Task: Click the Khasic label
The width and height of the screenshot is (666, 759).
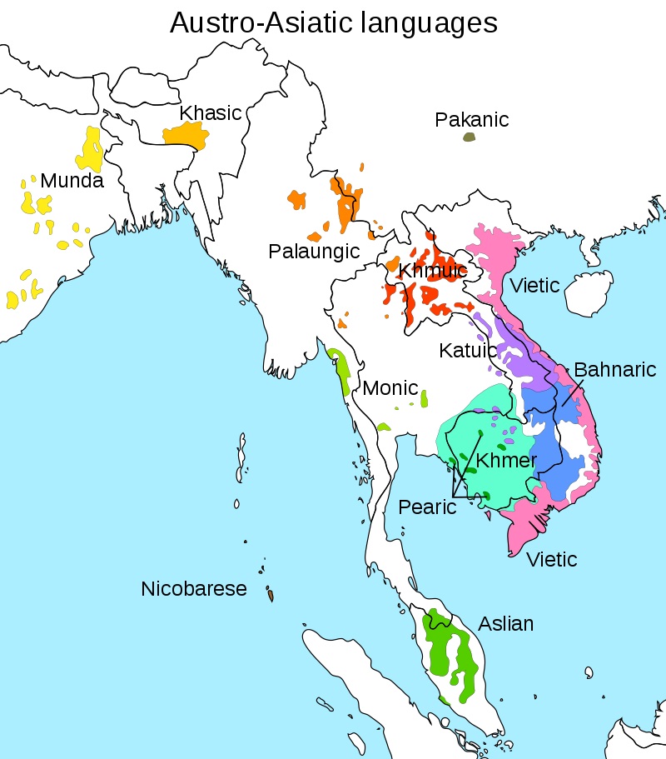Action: [x=211, y=112]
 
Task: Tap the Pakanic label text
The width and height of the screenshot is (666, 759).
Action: [x=471, y=120]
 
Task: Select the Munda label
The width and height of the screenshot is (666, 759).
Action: [x=72, y=180]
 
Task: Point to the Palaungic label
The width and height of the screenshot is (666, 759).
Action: [x=314, y=251]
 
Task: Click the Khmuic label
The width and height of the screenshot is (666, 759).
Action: [x=432, y=271]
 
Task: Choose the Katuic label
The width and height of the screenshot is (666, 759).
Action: [x=467, y=351]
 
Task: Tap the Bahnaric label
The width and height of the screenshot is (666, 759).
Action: [x=615, y=369]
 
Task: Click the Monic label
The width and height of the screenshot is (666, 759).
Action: [x=389, y=388]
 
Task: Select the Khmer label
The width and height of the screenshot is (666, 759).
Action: [x=506, y=460]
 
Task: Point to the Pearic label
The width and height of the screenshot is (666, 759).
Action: [x=427, y=507]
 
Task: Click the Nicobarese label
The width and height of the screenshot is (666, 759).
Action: [x=194, y=589]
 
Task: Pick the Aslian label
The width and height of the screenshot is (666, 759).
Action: [x=505, y=623]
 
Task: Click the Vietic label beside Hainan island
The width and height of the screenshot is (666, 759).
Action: [x=535, y=286]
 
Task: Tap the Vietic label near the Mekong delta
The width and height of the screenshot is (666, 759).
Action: [x=552, y=559]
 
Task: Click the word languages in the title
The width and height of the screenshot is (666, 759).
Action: [x=424, y=22]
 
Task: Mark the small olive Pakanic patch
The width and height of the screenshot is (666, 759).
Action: [x=469, y=137]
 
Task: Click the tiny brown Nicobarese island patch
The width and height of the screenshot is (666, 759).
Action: [x=271, y=596]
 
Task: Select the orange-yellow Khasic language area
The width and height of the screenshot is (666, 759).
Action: [x=184, y=134]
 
